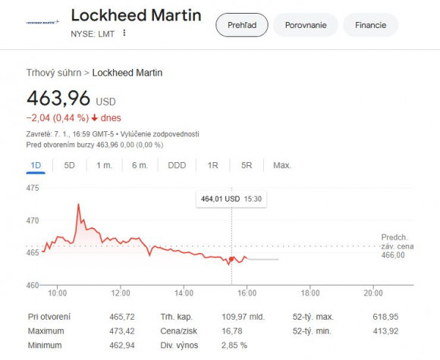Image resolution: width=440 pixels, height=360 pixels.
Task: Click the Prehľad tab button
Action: click(242, 25)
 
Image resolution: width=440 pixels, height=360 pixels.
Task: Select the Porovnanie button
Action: click(306, 25)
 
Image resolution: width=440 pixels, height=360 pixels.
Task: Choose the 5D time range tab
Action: click(69, 165)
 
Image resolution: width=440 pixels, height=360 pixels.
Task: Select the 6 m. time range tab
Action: click(139, 165)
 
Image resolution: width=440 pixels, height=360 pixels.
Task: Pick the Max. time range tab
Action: click(282, 165)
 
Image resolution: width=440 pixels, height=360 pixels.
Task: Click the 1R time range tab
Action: click(212, 165)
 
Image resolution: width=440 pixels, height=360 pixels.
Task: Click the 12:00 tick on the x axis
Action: click(121, 293)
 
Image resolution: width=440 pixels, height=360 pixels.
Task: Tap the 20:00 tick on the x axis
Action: click(372, 293)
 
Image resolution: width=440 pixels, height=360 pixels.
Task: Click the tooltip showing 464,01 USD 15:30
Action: click(231, 199)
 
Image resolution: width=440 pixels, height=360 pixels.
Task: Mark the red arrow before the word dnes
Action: click(95, 118)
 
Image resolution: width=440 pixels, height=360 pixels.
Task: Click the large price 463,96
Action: click(58, 99)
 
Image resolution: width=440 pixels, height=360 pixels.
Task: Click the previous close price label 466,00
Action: click(393, 255)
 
